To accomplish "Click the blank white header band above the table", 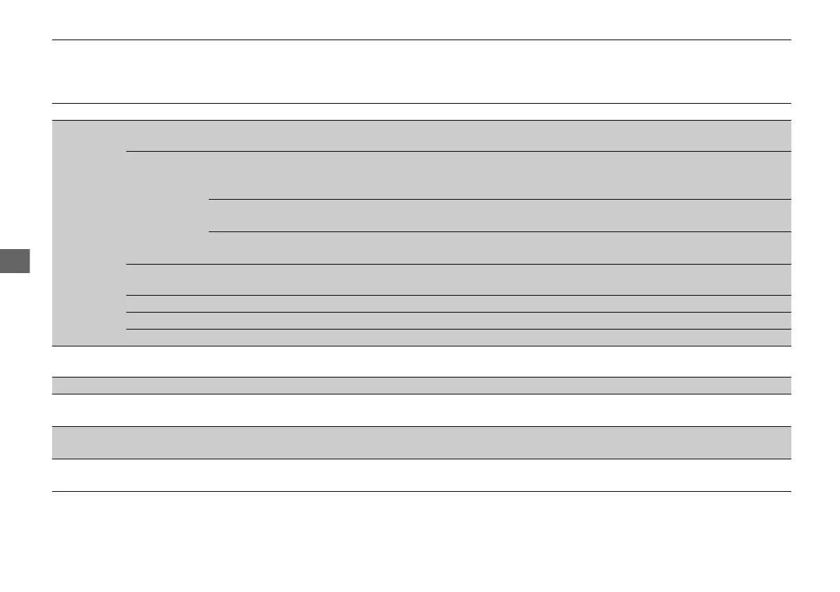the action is [421, 71].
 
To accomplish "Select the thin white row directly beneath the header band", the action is [421, 111].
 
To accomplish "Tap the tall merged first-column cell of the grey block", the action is [89, 233].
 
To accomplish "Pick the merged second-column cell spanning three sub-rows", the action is [167, 207].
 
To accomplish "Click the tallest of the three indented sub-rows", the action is [499, 175].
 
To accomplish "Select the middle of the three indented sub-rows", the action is [499, 215].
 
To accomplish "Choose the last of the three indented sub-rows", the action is [499, 248].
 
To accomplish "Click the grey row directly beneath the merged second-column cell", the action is [458, 279].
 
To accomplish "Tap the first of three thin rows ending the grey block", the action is [458, 303].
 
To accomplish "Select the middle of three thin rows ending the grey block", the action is [458, 320].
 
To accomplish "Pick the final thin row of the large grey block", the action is [458, 337].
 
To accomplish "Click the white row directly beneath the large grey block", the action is [421, 361].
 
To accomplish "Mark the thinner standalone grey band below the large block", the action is [421, 385].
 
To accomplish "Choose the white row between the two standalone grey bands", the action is [421, 410].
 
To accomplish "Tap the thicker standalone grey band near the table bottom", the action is [421, 442].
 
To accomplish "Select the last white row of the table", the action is [421, 475].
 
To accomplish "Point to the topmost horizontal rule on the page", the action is [421, 40].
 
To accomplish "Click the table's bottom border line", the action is [421, 491].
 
